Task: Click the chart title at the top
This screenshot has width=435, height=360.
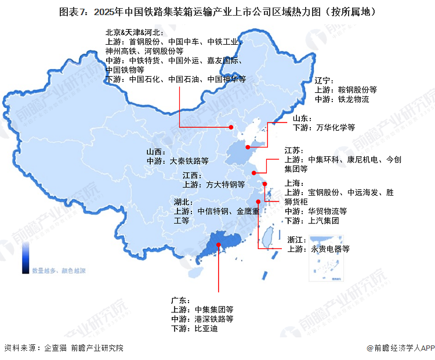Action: [x=217, y=11]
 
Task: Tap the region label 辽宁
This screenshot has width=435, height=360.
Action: [x=324, y=81]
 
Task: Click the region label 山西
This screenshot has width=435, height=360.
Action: [x=156, y=152]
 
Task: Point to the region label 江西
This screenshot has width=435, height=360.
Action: [x=191, y=175]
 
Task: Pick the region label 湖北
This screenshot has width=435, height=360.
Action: [x=183, y=202]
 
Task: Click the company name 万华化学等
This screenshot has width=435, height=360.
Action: [x=332, y=127]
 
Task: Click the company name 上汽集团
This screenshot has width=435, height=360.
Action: [x=324, y=221]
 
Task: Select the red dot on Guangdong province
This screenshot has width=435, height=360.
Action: [x=218, y=246]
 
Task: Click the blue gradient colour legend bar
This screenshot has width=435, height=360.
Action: [x=26, y=258]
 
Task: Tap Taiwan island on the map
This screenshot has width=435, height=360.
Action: [x=268, y=237]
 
